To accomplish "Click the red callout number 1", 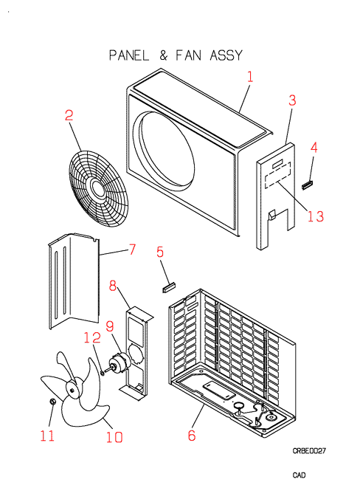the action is coord(250,77).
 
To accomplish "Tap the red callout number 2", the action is coord(69,115).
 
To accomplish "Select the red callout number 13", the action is coord(316,216).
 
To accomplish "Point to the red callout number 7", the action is coord(132,250).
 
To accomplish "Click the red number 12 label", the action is coord(92,337).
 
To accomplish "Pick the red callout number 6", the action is coord(192,435).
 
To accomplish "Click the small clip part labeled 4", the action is coord(308,185).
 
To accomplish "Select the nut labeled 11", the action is coord(52,402).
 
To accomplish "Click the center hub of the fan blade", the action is coord(72,390).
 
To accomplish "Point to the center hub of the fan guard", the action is coord(98,188).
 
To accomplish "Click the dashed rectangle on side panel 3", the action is coord(278,176).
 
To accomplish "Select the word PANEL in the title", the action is coord(129,55).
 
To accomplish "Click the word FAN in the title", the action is coord(188,55).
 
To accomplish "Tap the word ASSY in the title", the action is coord(226,55).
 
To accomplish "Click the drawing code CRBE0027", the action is coord(309,451).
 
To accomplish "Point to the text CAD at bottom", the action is coord(300,475).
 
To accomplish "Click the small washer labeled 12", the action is coord(102,372).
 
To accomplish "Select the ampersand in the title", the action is coord(163,55).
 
